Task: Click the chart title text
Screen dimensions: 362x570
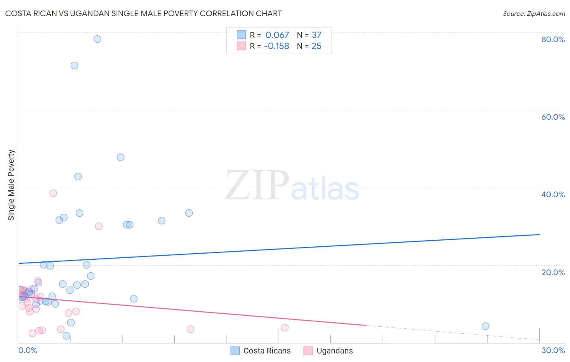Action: point(144,13)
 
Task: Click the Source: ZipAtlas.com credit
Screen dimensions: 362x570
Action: point(534,14)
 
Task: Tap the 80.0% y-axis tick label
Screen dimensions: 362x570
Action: point(553,39)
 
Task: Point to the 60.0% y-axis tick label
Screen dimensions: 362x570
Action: point(553,117)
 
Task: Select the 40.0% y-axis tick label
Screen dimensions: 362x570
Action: point(553,194)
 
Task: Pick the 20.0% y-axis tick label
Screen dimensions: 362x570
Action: point(553,272)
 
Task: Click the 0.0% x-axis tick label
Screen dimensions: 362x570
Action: point(28,350)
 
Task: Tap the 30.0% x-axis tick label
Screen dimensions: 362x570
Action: point(553,350)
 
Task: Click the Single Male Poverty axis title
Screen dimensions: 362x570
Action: point(11,185)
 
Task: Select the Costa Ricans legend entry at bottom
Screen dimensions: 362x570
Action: point(261,351)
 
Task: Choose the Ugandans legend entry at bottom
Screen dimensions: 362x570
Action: point(328,351)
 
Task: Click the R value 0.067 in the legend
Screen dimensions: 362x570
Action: point(277,35)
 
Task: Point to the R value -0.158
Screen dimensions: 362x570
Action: point(276,46)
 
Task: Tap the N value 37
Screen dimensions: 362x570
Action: point(316,35)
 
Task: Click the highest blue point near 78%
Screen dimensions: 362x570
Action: point(97,39)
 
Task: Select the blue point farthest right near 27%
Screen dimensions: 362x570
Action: point(485,326)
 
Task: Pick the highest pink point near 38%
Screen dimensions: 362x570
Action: point(53,193)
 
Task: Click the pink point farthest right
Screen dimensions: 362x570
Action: point(285,328)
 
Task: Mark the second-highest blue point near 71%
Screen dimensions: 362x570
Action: point(75,65)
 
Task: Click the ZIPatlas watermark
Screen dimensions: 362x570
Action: point(292,186)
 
